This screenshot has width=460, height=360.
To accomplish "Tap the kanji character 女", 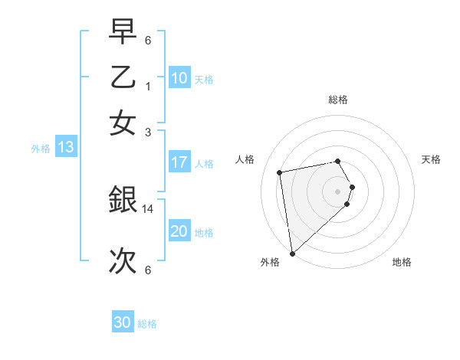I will coord(123,123).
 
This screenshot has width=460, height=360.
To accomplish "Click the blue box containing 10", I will coord(179,77).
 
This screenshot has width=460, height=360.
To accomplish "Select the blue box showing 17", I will coord(179,162).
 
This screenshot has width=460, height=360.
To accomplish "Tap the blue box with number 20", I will coord(179,231).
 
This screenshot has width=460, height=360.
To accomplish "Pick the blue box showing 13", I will coord(65,148).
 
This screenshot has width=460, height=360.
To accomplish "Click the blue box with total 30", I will coord(123,322).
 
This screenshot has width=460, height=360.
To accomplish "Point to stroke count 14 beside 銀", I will coord(149,208).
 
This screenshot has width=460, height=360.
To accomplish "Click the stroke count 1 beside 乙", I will coord(149,87).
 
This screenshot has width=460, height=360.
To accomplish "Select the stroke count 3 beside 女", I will coord(149,132).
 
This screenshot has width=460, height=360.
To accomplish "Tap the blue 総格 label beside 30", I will coord(147,324).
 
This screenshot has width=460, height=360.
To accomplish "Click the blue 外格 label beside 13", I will coord(41,149).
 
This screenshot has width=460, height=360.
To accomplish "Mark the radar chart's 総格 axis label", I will coord(337,100).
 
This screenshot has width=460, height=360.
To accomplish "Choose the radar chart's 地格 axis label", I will coord(402,262).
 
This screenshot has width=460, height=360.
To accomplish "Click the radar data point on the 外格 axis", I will coord(292,253).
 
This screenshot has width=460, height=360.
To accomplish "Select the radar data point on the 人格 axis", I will coord(280,172).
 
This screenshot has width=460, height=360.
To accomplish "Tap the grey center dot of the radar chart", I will coord(337,191).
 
